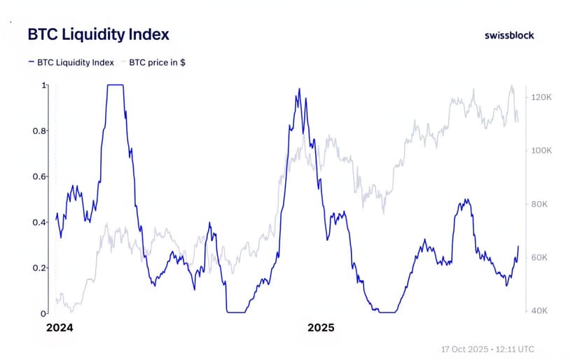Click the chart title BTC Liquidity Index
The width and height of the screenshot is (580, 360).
[x=97, y=34]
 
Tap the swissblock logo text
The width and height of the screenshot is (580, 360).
[x=509, y=35]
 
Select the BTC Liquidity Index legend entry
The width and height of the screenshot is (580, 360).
[x=71, y=62]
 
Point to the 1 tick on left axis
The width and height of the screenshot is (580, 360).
[x=44, y=85]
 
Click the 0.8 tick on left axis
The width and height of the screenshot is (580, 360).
[x=41, y=131]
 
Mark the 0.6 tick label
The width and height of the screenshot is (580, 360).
[x=41, y=176]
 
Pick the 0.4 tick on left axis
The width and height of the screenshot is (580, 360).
[x=41, y=222]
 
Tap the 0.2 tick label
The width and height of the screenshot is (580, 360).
[x=41, y=268]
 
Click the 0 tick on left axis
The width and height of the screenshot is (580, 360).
[x=44, y=313]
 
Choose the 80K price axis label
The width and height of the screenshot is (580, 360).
[x=539, y=205]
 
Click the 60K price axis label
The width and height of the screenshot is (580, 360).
[x=539, y=258]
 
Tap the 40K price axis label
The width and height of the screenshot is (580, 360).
[x=539, y=311]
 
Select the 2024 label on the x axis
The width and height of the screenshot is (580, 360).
[x=60, y=328]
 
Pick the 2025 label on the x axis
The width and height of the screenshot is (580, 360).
[x=321, y=328]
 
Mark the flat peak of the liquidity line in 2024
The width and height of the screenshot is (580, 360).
[x=115, y=85]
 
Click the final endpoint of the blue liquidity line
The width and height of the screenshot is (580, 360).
[x=518, y=246]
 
